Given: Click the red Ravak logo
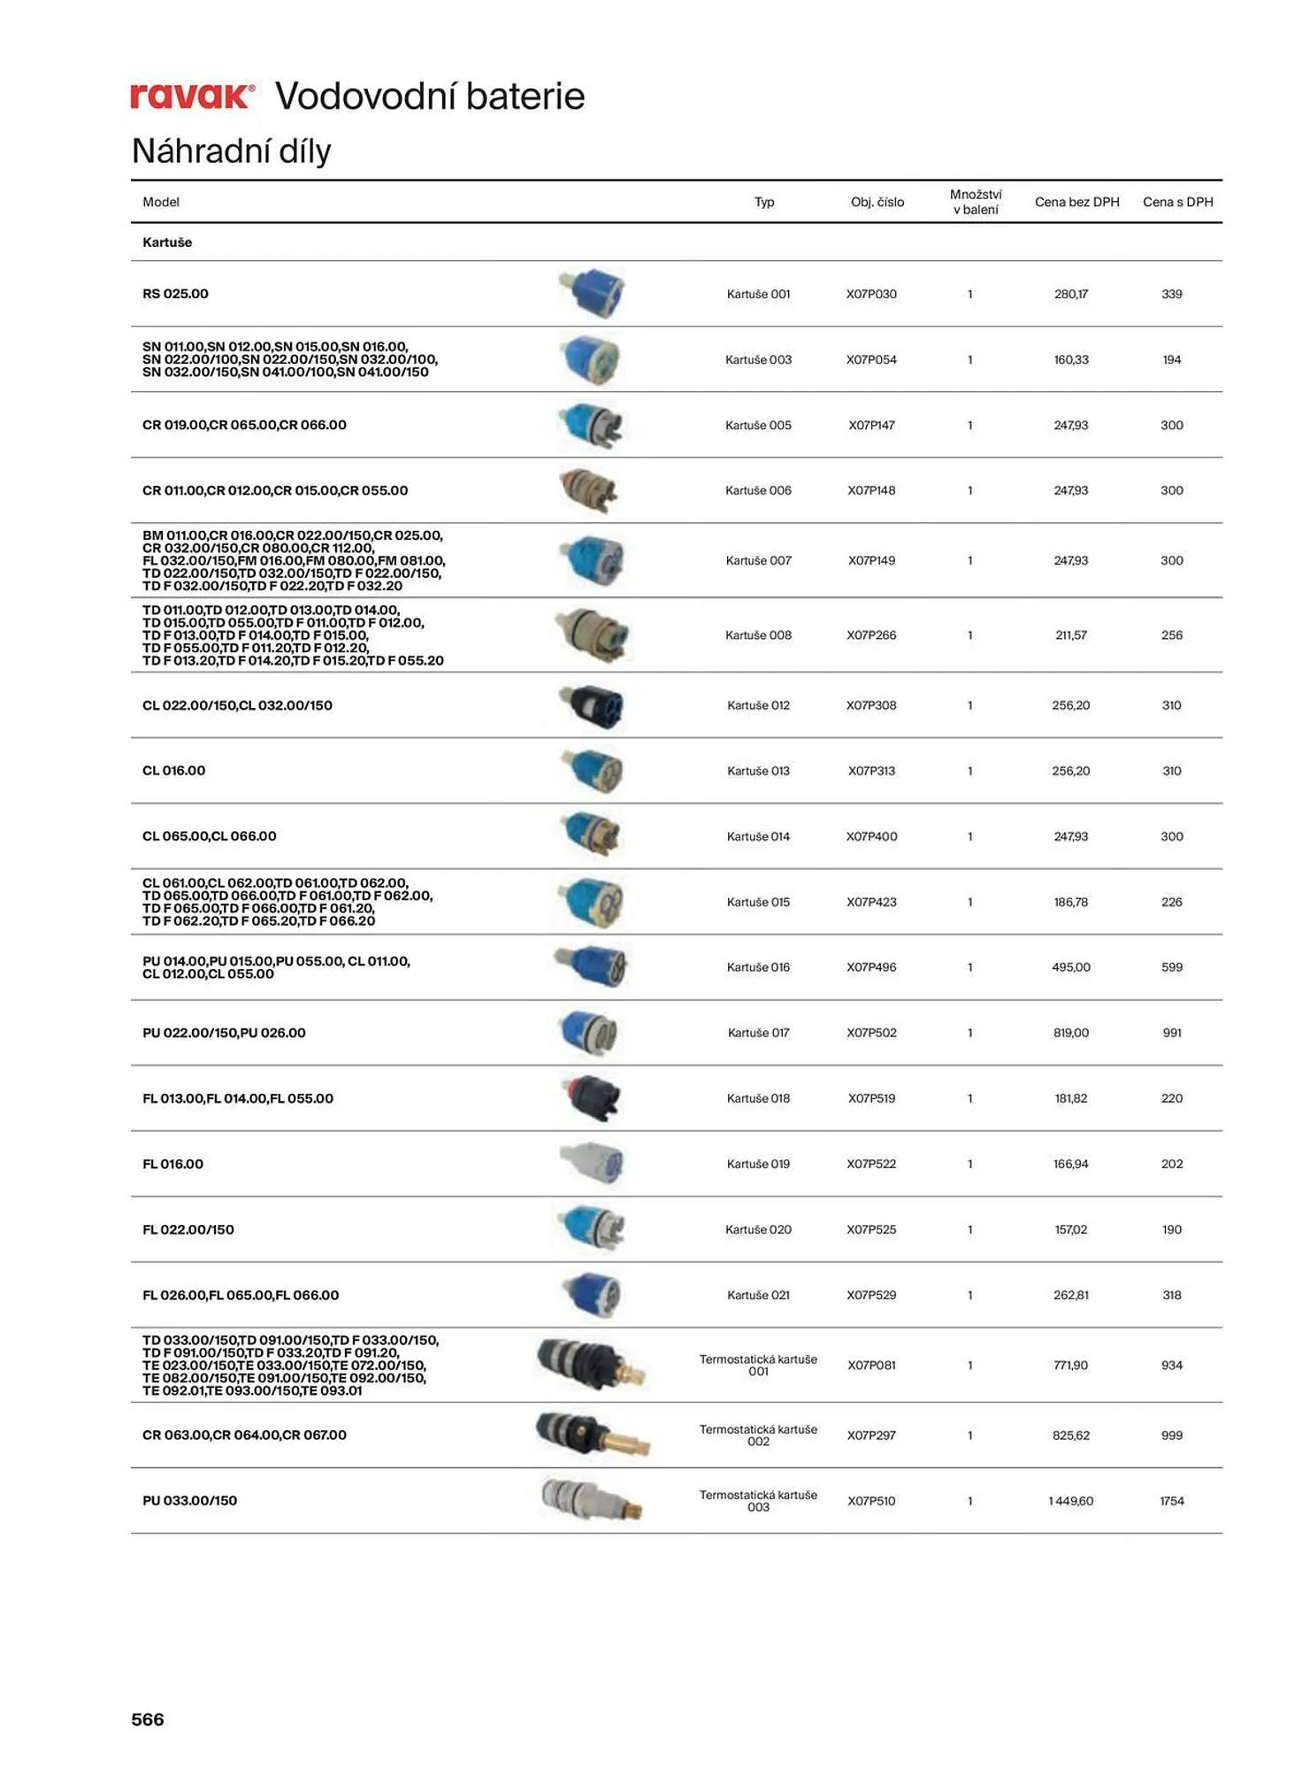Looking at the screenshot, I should pyautogui.click(x=193, y=96).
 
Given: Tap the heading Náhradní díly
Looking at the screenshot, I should pyautogui.click(x=231, y=151).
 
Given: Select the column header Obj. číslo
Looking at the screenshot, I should pyautogui.click(x=877, y=202).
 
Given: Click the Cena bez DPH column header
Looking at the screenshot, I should pyautogui.click(x=1076, y=202).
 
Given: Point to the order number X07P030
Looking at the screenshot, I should pyautogui.click(x=871, y=294).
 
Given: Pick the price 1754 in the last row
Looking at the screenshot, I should pyautogui.click(x=1171, y=1501).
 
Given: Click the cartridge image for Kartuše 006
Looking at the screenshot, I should pyautogui.click(x=590, y=491).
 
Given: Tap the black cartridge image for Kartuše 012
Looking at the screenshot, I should pyautogui.click(x=592, y=706).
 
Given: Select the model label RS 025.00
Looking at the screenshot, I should pyautogui.click(x=175, y=294).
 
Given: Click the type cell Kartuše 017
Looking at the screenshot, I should pyautogui.click(x=758, y=1033).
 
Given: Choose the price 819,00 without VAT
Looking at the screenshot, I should pyautogui.click(x=1070, y=1033).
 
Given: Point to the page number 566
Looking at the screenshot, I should pyautogui.click(x=148, y=1720).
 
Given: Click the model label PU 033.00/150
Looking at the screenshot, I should pyautogui.click(x=189, y=1501).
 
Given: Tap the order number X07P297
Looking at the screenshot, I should pyautogui.click(x=871, y=1435).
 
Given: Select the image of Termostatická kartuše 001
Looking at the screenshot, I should pyautogui.click(x=592, y=1364).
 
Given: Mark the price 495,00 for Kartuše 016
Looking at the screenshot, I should pyautogui.click(x=1070, y=967).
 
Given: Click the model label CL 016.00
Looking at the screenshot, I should pyautogui.click(x=173, y=771).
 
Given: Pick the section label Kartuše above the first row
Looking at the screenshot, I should pyautogui.click(x=167, y=242).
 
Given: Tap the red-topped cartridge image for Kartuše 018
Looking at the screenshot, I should pyautogui.click(x=592, y=1098).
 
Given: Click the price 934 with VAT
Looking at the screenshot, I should pyautogui.click(x=1171, y=1366).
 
